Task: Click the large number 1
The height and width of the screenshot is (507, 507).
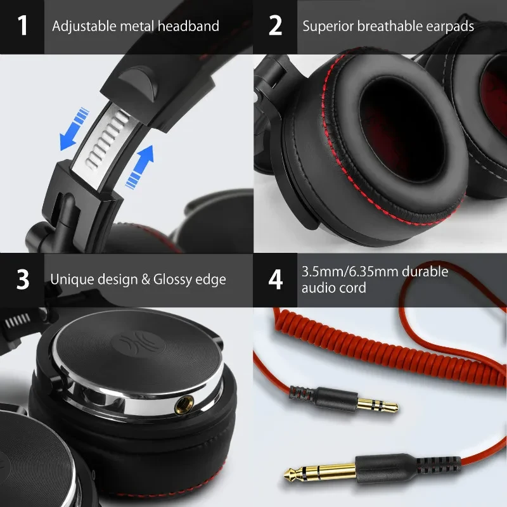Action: coord(23,26)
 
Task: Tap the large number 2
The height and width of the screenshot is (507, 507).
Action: coord(275,26)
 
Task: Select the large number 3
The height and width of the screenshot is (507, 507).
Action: coord(23,279)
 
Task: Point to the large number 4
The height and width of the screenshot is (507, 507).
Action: coord(275,279)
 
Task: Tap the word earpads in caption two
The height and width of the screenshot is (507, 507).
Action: coord(451,27)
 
